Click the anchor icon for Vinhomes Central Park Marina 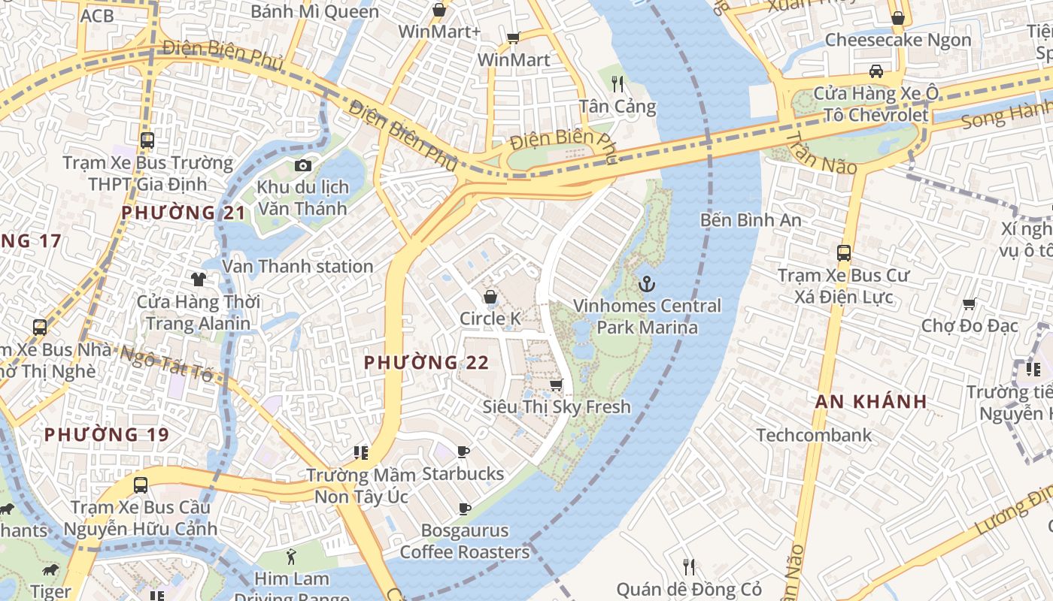(645, 284)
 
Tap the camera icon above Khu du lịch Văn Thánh (303, 165)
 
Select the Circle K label (490, 319)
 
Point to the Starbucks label (463, 474)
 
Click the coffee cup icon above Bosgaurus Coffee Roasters (465, 509)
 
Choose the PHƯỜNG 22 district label (426, 363)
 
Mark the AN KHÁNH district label (871, 401)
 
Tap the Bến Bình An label (750, 220)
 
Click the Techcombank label (814, 435)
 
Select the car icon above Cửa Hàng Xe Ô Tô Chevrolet (876, 71)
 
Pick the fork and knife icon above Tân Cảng (618, 83)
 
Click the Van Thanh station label (298, 267)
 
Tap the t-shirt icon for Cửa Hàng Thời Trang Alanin (199, 279)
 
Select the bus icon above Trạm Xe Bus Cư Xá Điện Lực (844, 253)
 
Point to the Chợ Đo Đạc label (970, 326)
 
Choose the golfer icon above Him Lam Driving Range (291, 557)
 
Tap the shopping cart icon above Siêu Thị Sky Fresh (556, 385)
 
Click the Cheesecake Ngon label (898, 40)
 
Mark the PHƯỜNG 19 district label (106, 435)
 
